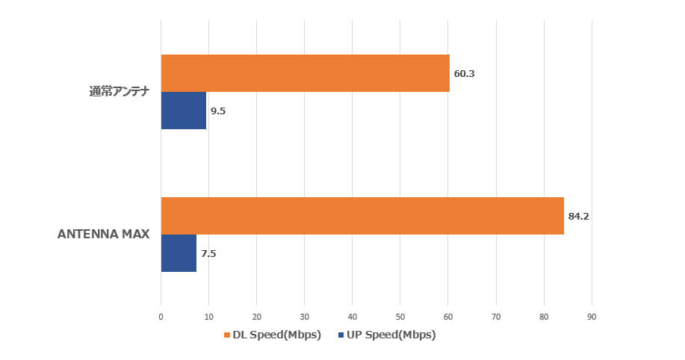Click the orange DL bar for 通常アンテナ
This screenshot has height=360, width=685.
306,73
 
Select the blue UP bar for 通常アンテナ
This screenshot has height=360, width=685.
184,111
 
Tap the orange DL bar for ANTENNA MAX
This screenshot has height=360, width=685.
362,216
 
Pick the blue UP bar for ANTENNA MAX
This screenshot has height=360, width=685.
179,253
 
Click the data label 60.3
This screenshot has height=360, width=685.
465,74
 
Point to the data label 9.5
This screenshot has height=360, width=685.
218,111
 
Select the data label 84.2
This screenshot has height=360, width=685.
578,217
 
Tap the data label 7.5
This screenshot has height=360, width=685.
208,254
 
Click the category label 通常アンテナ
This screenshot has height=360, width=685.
120,92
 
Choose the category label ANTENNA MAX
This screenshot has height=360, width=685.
104,235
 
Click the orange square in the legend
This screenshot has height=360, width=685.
227,335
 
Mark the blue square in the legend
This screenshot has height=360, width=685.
341,335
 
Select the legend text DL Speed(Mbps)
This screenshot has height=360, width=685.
277,335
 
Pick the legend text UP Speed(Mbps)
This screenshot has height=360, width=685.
391,335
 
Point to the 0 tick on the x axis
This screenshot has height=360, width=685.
161,317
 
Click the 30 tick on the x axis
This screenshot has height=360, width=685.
305,317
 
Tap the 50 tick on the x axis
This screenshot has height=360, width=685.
400,317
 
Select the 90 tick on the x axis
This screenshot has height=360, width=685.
592,317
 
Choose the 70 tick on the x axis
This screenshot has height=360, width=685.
496,317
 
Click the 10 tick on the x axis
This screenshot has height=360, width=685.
209,317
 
